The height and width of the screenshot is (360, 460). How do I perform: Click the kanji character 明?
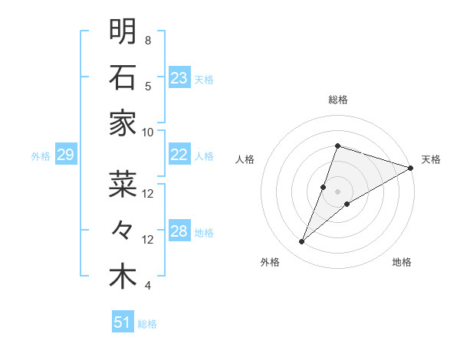pyautogui.click(x=123, y=31)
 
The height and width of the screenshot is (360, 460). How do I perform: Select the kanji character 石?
pyautogui.click(x=123, y=77)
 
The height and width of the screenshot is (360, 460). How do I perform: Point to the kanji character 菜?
pyautogui.click(x=123, y=184)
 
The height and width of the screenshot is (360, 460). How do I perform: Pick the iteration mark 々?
pyautogui.click(x=123, y=230)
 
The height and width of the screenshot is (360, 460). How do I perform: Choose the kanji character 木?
pyautogui.click(x=123, y=277)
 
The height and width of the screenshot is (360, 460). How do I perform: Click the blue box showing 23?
pyautogui.click(x=179, y=77)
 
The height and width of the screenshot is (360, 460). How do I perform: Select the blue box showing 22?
pyautogui.click(x=179, y=155)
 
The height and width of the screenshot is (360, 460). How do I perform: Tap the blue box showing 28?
pyautogui.click(x=179, y=231)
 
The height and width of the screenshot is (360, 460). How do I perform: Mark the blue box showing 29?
pyautogui.click(x=65, y=155)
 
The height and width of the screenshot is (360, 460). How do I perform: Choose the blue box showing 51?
pyautogui.click(x=123, y=322)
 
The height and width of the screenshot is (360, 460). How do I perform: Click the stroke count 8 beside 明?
pyautogui.click(x=148, y=40)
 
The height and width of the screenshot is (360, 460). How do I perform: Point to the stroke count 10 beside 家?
pyautogui.click(x=148, y=132)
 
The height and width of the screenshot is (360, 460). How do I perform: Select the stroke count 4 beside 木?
pyautogui.click(x=148, y=286)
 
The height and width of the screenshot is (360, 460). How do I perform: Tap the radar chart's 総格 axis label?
pyautogui.click(x=337, y=100)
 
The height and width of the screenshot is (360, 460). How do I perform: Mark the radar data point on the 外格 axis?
pyautogui.click(x=302, y=242)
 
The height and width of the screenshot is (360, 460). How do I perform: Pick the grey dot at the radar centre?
pyautogui.click(x=337, y=191)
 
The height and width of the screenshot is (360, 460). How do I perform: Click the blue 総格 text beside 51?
pyautogui.click(x=147, y=324)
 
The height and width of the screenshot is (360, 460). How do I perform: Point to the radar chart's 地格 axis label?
pyautogui.click(x=402, y=262)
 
